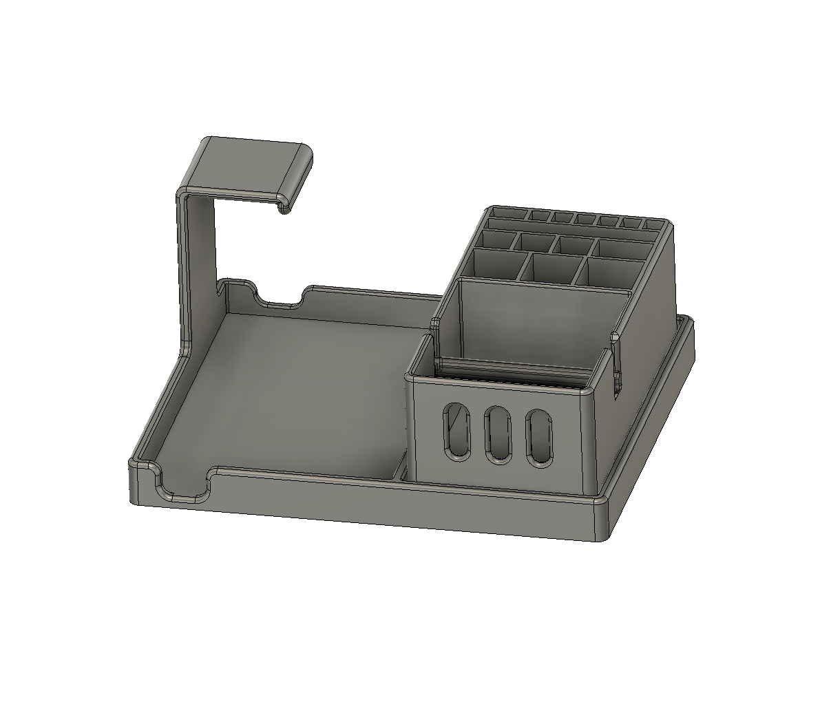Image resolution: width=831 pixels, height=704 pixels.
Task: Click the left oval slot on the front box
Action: coord(455,431)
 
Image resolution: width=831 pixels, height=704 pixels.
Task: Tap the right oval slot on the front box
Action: coord(539,438)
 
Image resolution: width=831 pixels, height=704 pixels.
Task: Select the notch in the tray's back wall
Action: coord(279,301)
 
